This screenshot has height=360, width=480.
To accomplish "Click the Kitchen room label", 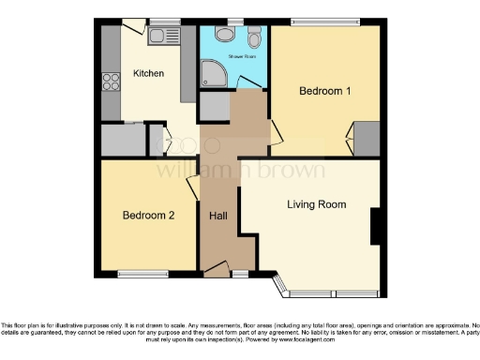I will pyautogui.click(x=148, y=73).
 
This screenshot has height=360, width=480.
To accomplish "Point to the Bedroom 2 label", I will pyautogui.click(x=149, y=215).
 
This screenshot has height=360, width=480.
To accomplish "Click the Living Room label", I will pyautogui.click(x=316, y=204).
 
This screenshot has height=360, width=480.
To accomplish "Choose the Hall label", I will pyautogui.click(x=218, y=216).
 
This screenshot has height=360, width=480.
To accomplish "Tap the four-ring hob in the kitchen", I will pyautogui.click(x=111, y=81).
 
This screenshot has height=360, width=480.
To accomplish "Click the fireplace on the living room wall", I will pyautogui.click(x=375, y=226).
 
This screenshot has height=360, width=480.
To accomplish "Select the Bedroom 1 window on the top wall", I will pyautogui.click(x=324, y=22).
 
